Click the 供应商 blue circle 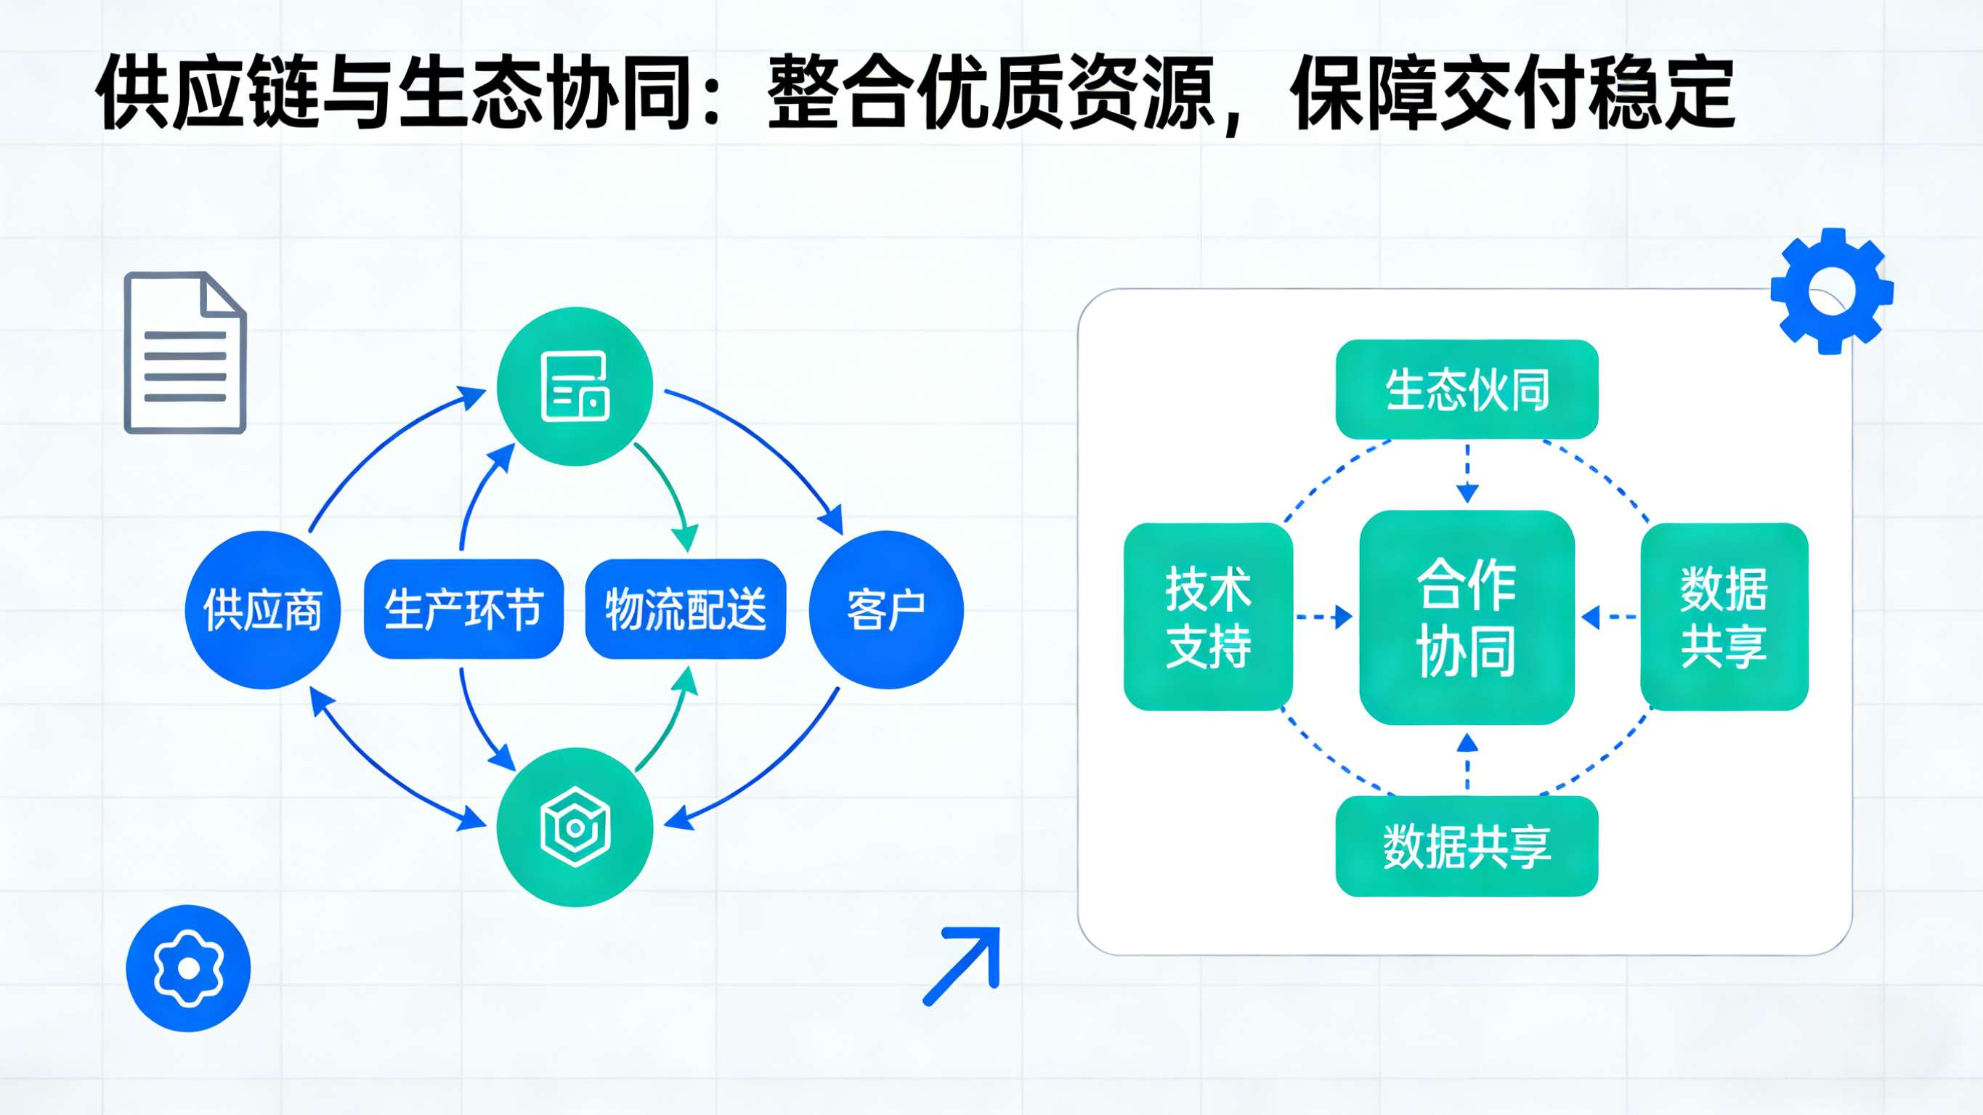click(262, 609)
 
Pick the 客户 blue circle click(886, 609)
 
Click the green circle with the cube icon click(575, 828)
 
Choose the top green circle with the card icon click(575, 386)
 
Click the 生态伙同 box click(1467, 389)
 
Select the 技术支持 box click(1208, 617)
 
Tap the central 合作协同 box click(1467, 617)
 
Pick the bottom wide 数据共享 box click(1467, 846)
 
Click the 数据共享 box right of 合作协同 click(1724, 617)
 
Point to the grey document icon click(184, 353)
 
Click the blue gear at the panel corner click(1831, 291)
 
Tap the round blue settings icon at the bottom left click(189, 968)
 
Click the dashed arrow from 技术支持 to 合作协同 click(1324, 617)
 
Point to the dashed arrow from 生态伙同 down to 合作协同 click(1467, 472)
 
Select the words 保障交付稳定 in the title click(1512, 92)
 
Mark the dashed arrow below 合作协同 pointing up click(1467, 761)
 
